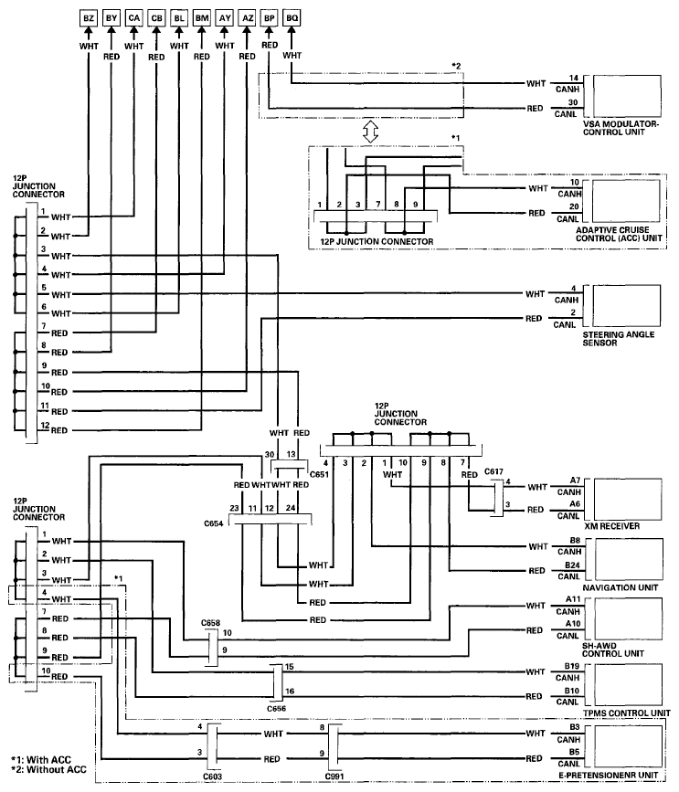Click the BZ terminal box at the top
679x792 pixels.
tap(89, 18)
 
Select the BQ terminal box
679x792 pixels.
tap(292, 18)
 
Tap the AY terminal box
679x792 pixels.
tap(224, 18)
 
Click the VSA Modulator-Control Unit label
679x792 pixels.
tap(621, 128)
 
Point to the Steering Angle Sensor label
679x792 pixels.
tap(619, 338)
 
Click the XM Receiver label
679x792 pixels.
tap(611, 526)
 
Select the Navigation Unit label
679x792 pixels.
tap(620, 587)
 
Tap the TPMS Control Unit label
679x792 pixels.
tap(627, 713)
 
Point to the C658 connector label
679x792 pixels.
tap(210, 623)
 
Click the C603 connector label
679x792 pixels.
tap(212, 776)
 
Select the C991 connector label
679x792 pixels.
tap(334, 776)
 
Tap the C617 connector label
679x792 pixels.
tap(493, 471)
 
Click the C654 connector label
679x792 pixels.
tap(214, 523)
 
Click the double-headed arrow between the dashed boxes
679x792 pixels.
tap(370, 132)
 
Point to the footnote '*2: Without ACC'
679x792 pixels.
tap(49, 770)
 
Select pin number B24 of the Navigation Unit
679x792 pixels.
tap(572, 565)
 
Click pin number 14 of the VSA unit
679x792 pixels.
tap(573, 78)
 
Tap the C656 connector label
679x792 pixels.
tap(276, 709)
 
